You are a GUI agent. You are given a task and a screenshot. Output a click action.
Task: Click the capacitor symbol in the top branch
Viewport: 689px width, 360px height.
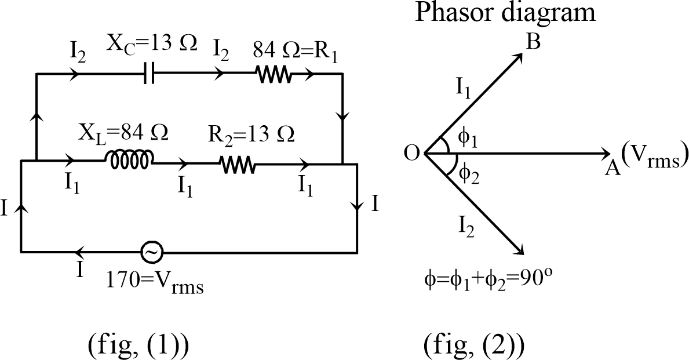pyautogui.click(x=149, y=75)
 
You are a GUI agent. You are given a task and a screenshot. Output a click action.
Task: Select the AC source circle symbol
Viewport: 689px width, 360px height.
pyautogui.click(x=152, y=252)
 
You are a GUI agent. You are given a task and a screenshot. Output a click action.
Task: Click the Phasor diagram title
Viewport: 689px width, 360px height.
pyautogui.click(x=505, y=13)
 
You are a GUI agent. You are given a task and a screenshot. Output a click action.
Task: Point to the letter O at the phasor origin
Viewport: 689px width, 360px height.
pyautogui.click(x=412, y=154)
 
